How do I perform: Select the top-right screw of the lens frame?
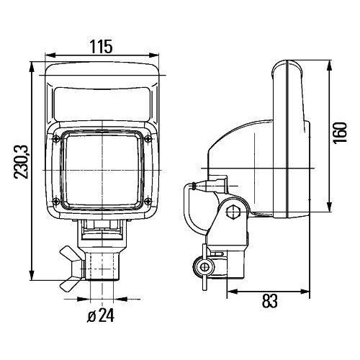tap(148, 138)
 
